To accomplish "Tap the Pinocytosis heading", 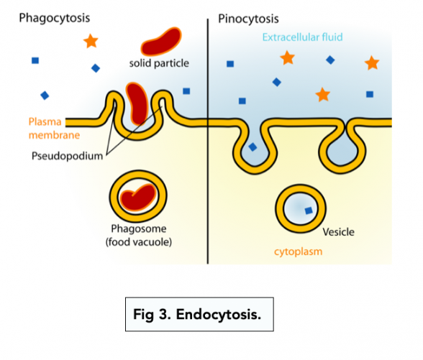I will (248, 18).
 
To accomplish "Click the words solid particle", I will (159, 63).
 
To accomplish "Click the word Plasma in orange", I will (45, 121).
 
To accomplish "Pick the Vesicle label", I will (338, 232).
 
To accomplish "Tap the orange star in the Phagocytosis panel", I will (91, 41).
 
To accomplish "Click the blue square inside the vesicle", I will (308, 211).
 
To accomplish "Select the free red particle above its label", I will (160, 40).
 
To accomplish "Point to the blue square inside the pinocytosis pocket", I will (253, 147).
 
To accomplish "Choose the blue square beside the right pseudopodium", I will (186, 91).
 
